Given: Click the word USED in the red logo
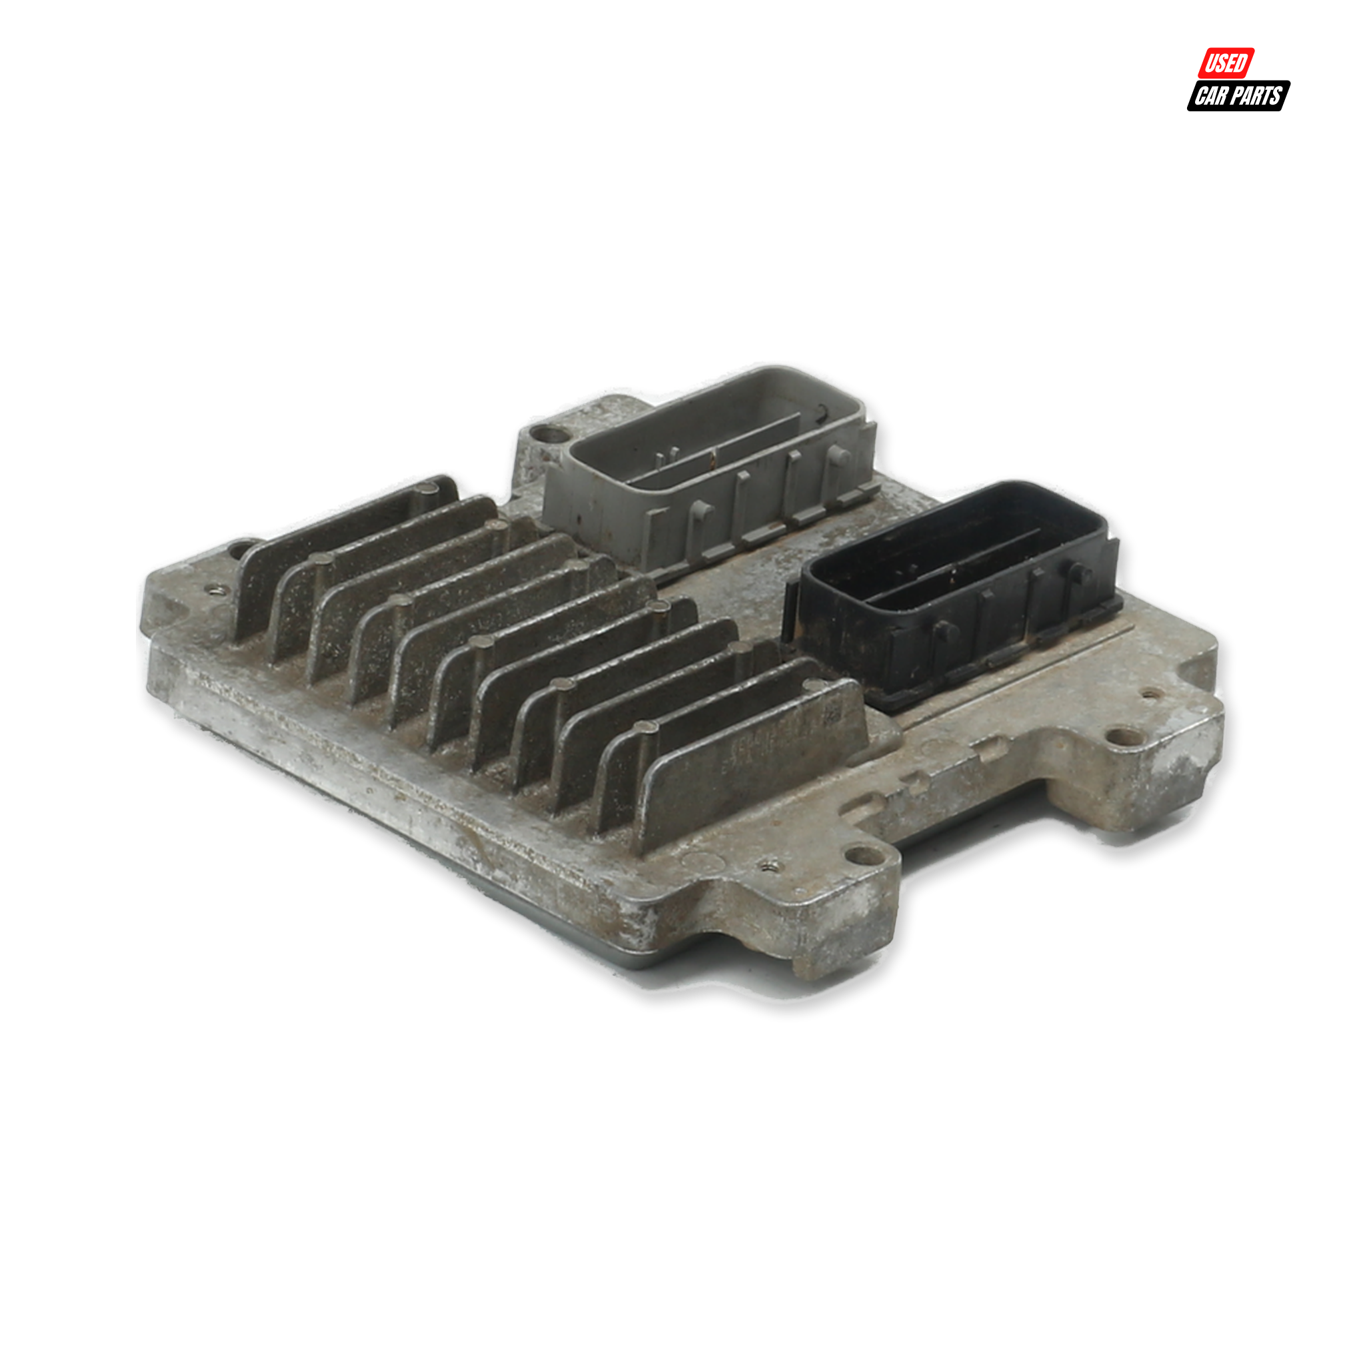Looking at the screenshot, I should click(1226, 63).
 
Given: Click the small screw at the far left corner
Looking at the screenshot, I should click(215, 588).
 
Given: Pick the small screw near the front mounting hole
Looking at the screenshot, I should click(769, 863).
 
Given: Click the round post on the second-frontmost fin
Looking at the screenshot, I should click(645, 729).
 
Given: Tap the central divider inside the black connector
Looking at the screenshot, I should click(954, 573).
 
